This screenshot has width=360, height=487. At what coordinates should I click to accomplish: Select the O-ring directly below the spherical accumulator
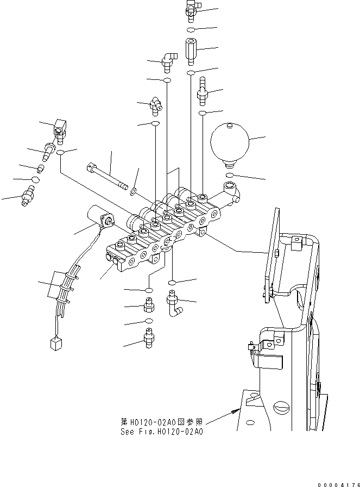pos(230,176)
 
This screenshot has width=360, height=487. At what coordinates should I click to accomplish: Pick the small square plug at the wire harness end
pos(54,343)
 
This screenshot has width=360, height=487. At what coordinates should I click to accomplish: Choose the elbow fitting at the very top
pos(192,7)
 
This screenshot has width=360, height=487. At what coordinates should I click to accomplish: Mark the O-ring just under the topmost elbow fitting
pos(192,29)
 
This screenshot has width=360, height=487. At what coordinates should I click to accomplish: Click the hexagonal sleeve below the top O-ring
pos(192,49)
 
